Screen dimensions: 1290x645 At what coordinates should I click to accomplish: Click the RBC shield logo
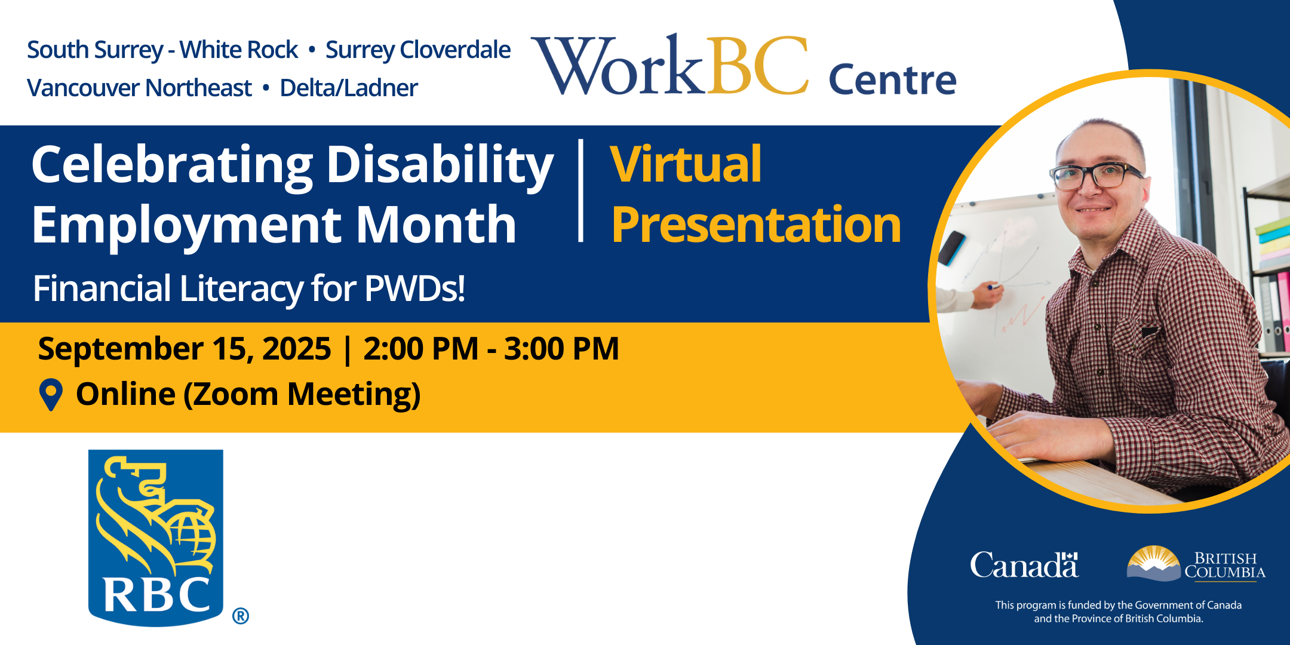pyautogui.click(x=156, y=537)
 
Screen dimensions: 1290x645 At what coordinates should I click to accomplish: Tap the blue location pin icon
pyautogui.click(x=51, y=395)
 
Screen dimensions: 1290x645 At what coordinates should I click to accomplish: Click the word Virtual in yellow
pyautogui.click(x=686, y=164)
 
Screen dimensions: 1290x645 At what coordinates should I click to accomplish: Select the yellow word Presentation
pyautogui.click(x=756, y=225)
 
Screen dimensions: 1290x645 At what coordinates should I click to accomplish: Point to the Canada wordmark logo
pyautogui.click(x=1024, y=565)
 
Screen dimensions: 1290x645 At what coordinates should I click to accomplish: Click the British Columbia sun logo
pyautogui.click(x=1153, y=563)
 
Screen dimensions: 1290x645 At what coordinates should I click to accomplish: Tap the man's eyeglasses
pyautogui.click(x=1097, y=176)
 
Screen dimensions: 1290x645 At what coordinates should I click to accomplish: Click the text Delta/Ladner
pyautogui.click(x=349, y=88)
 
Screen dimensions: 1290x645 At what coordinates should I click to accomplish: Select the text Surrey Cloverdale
pyautogui.click(x=418, y=50)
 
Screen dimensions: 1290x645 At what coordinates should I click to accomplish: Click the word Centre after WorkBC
pyautogui.click(x=892, y=80)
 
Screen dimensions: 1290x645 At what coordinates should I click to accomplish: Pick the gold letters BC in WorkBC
pyautogui.click(x=757, y=65)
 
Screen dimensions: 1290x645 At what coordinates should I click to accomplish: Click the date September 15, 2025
pyautogui.click(x=184, y=349)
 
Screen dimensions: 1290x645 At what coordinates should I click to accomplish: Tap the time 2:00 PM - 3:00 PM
pyautogui.click(x=491, y=349)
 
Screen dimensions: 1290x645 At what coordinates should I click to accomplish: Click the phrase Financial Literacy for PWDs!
pyautogui.click(x=249, y=289)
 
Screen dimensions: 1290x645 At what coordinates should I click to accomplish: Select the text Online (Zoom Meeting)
pyautogui.click(x=248, y=395)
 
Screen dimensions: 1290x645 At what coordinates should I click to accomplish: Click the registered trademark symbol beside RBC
pyautogui.click(x=241, y=616)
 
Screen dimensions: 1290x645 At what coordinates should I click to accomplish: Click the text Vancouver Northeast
pyautogui.click(x=139, y=88)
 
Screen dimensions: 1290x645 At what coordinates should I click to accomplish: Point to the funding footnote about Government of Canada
pyautogui.click(x=1119, y=612)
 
